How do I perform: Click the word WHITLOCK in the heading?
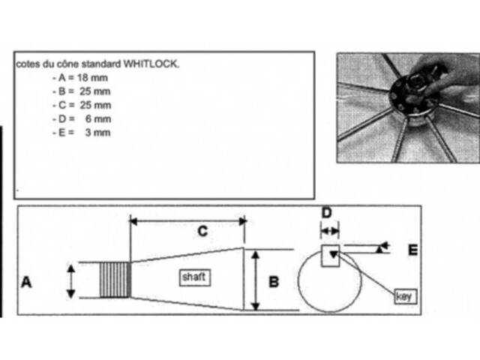[x=151, y=64]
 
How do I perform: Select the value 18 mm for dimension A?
[x=92, y=78]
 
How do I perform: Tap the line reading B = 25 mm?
[x=82, y=91]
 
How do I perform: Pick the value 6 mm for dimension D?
[x=98, y=118]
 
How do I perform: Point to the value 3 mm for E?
[x=97, y=133]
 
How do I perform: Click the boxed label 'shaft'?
[x=195, y=277]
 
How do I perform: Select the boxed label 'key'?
[x=405, y=296]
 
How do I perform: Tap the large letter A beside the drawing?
[x=26, y=282]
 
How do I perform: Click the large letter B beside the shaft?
[x=274, y=282]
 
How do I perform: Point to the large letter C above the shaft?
[x=202, y=231]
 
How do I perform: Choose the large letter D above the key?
[x=327, y=213]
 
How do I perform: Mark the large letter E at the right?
[x=413, y=250]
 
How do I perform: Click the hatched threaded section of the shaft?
[x=115, y=280]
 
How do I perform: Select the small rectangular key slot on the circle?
[x=330, y=256]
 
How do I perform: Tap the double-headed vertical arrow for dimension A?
[x=71, y=282]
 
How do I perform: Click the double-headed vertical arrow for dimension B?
[x=255, y=280]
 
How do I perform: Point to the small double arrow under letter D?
[x=330, y=232]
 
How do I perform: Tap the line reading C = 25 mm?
[x=82, y=105]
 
